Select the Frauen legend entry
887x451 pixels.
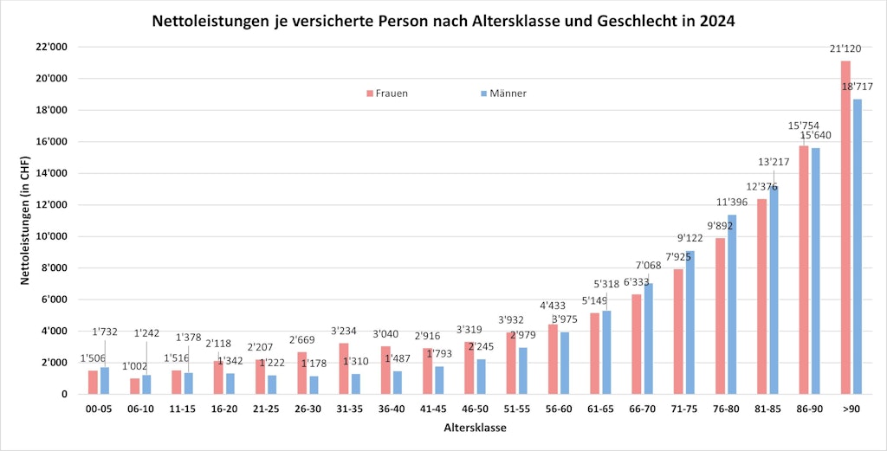coord(386,93)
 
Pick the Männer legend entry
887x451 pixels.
coord(502,93)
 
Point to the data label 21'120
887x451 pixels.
coord(845,49)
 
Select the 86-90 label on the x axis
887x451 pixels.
coord(809,409)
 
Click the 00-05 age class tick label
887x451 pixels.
coord(99,409)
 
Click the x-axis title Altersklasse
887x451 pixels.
coord(475,428)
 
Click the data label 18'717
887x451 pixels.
coord(858,87)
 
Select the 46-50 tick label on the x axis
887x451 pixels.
coord(475,409)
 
